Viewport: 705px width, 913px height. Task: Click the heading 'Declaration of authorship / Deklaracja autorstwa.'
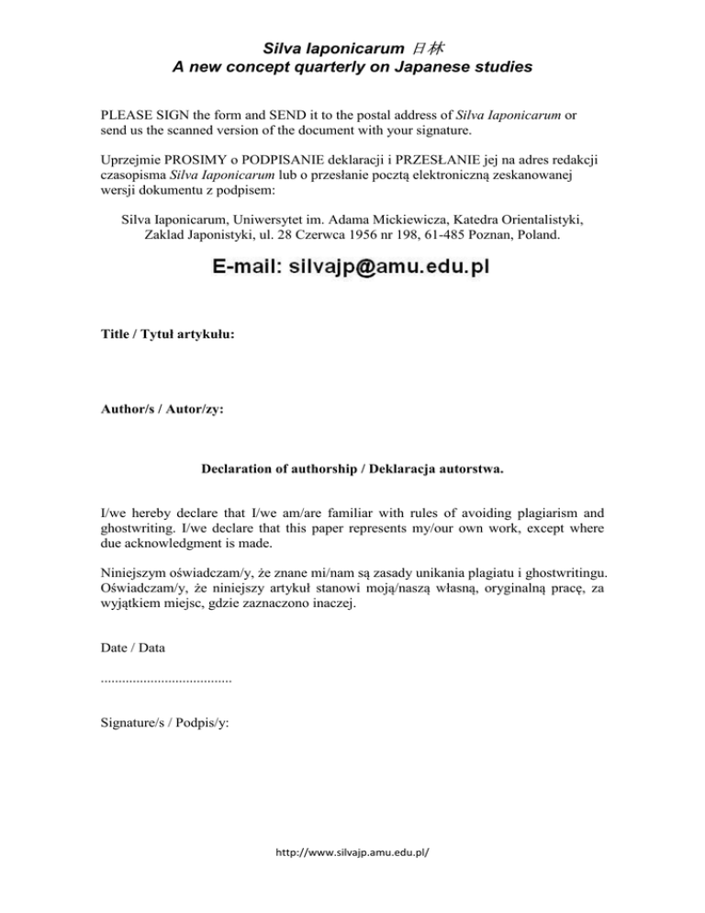point(352,469)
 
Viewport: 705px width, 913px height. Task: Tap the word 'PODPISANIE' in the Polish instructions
point(280,157)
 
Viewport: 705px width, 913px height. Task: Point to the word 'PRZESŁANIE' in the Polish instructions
point(455,157)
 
